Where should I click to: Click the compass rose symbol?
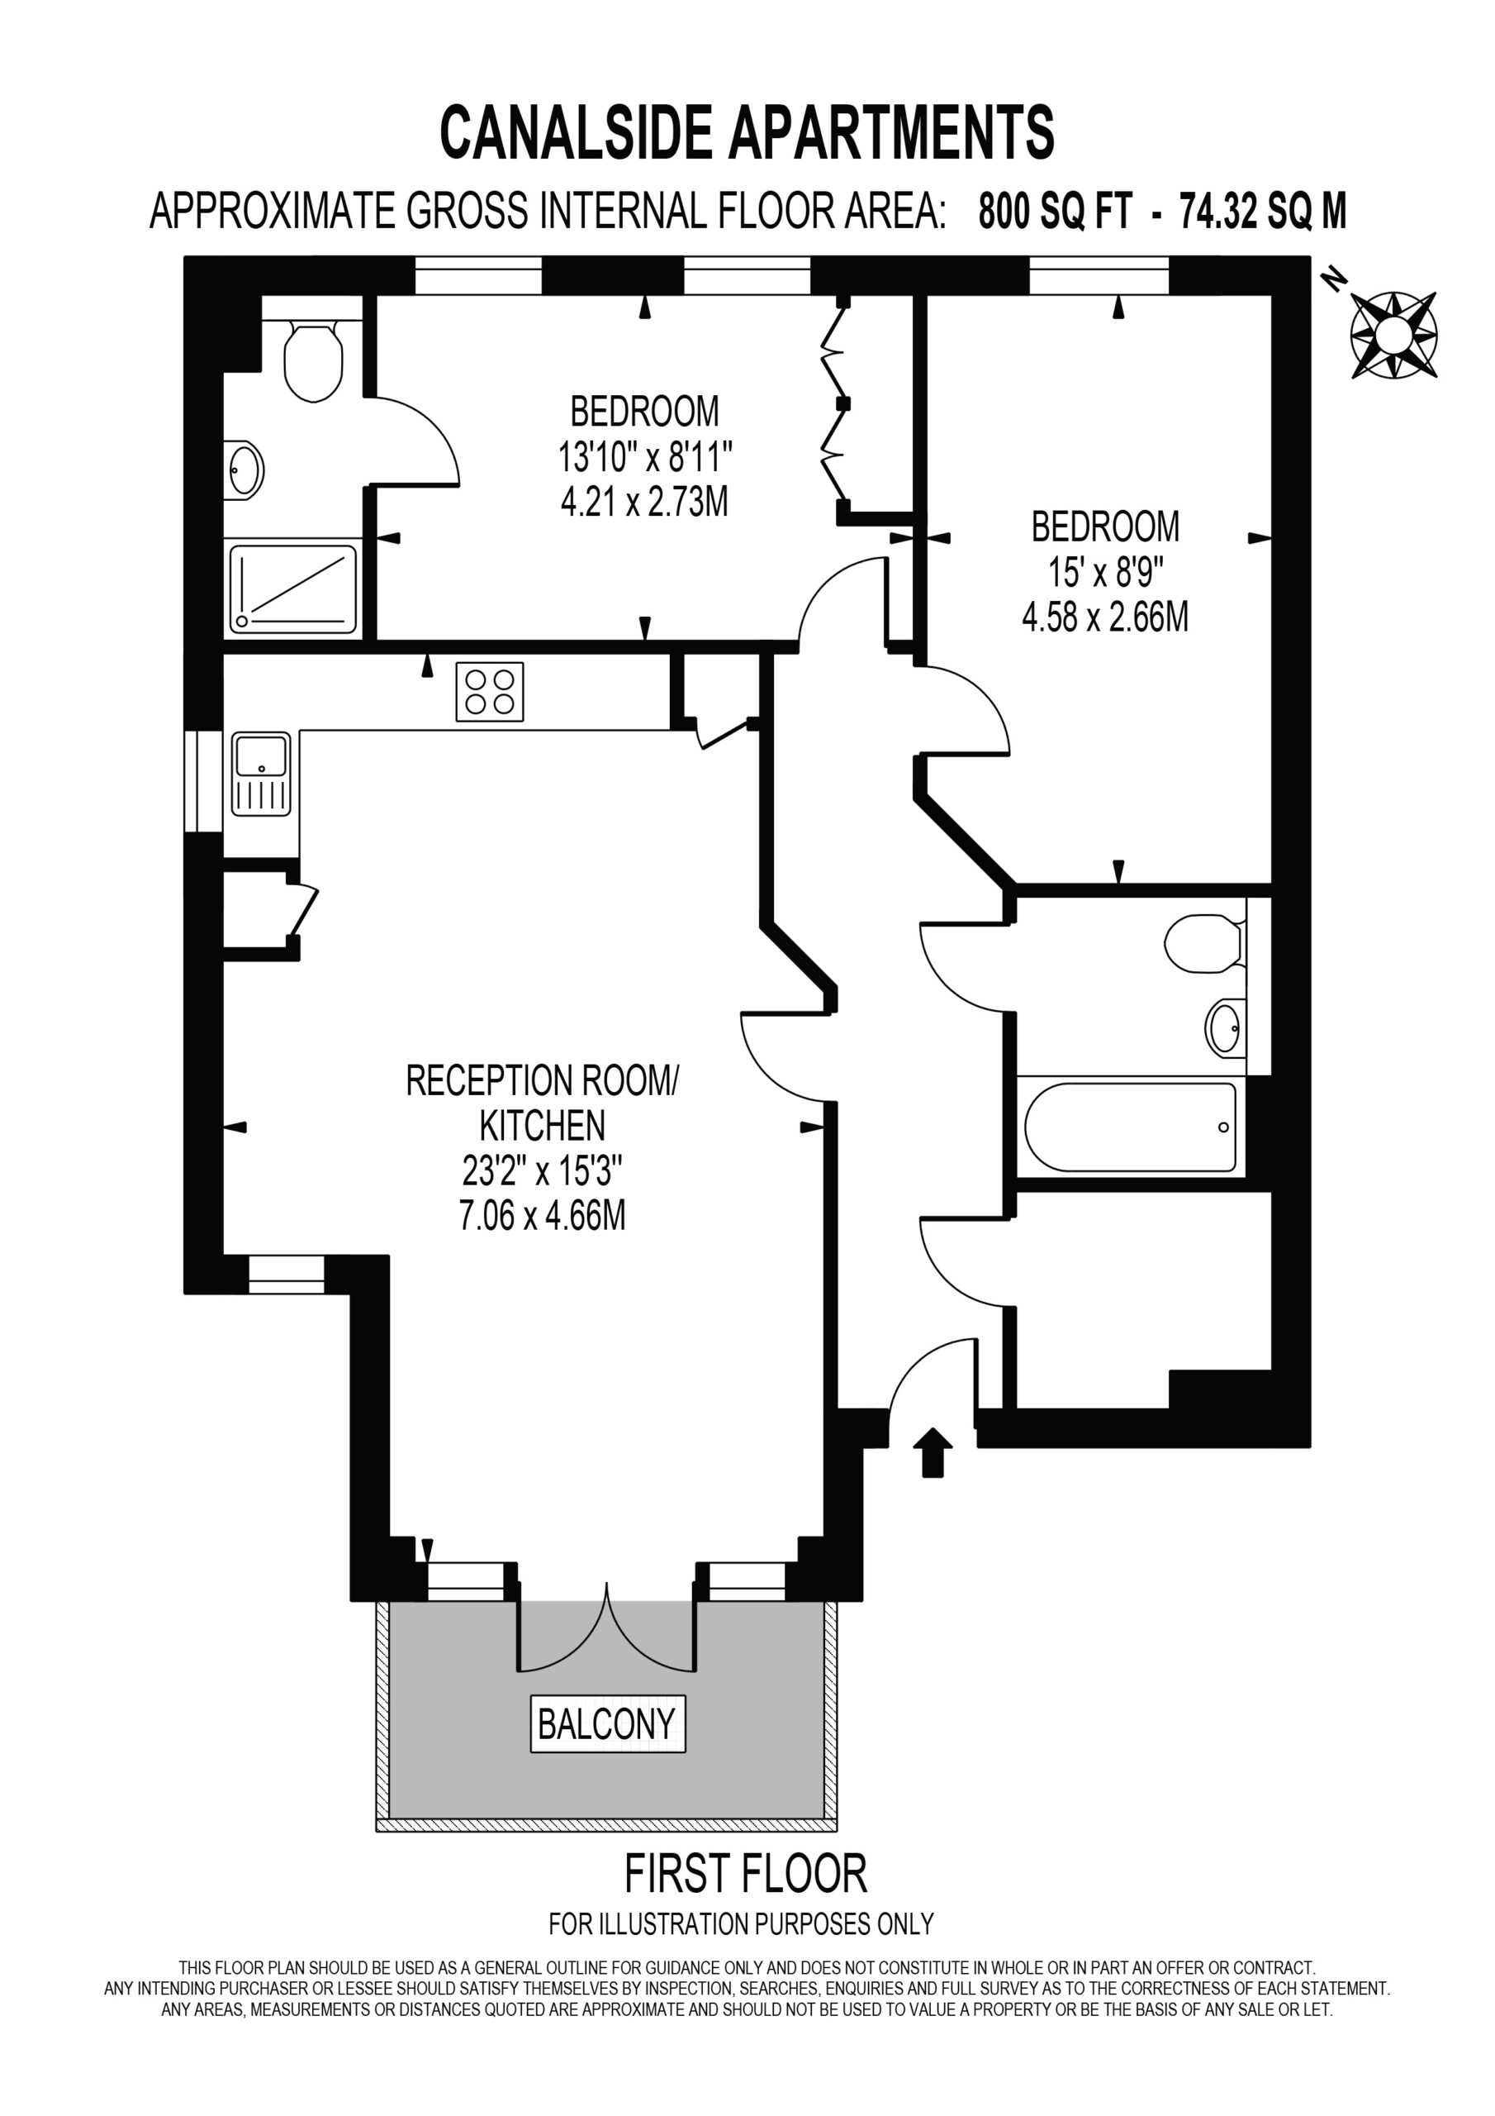(1393, 335)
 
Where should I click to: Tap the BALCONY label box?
(608, 1723)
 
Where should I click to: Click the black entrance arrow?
(933, 1453)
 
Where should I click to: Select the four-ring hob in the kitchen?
(490, 692)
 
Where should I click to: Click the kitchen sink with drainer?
(261, 774)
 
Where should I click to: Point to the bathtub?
(1130, 1127)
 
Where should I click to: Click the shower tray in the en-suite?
(293, 590)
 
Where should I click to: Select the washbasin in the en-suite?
(244, 469)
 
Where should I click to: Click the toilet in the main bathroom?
(1205, 943)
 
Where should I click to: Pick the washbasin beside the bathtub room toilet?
(1225, 1028)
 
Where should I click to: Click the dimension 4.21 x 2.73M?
(645, 503)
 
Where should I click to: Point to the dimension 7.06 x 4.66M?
(543, 1216)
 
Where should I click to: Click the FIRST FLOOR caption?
(746, 1874)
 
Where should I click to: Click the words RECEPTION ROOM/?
(543, 1080)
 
